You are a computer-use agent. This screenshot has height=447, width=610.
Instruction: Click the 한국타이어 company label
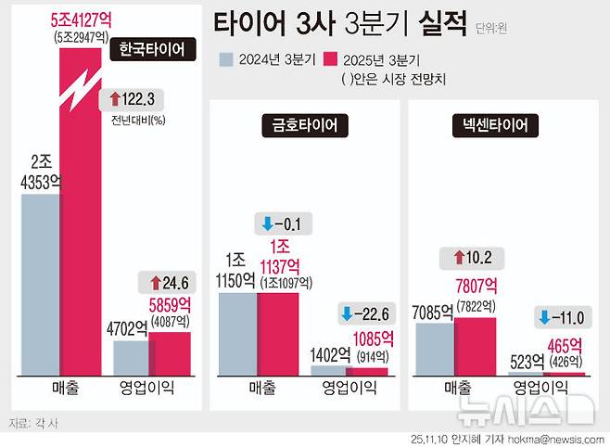(x=152, y=49)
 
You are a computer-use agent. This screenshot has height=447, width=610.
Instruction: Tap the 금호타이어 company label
(x=298, y=124)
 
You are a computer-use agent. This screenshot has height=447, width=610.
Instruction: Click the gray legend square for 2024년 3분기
(x=226, y=61)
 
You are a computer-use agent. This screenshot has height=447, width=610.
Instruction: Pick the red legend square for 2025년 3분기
(x=329, y=61)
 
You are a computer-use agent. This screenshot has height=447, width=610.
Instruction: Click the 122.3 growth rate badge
(x=133, y=98)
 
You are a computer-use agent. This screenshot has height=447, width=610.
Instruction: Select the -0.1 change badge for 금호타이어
(x=283, y=223)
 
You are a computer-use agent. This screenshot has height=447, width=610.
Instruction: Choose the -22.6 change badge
(x=364, y=313)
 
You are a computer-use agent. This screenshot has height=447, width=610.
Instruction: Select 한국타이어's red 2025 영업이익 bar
(x=169, y=351)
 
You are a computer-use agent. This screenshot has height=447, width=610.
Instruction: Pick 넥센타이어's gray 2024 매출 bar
(x=435, y=349)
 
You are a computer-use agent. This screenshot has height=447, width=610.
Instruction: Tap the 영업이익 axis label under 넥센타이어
(x=547, y=388)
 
